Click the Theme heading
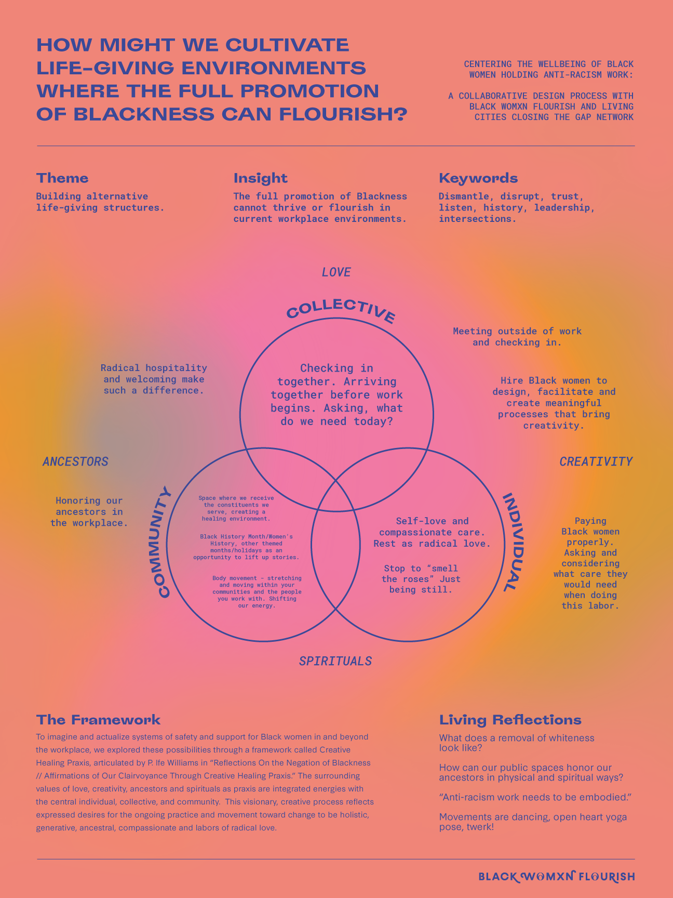[62, 178]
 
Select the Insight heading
[260, 178]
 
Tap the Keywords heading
[478, 178]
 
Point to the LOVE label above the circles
[336, 272]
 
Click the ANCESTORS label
[75, 461]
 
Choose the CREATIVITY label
[596, 461]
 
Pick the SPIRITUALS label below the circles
[335, 661]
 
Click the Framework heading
[98, 720]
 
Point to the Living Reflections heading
[510, 720]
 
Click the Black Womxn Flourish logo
[556, 877]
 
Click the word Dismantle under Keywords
[463, 196]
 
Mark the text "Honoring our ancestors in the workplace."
[89, 511]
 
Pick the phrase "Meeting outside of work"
[517, 331]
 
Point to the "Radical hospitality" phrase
[154, 368]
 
